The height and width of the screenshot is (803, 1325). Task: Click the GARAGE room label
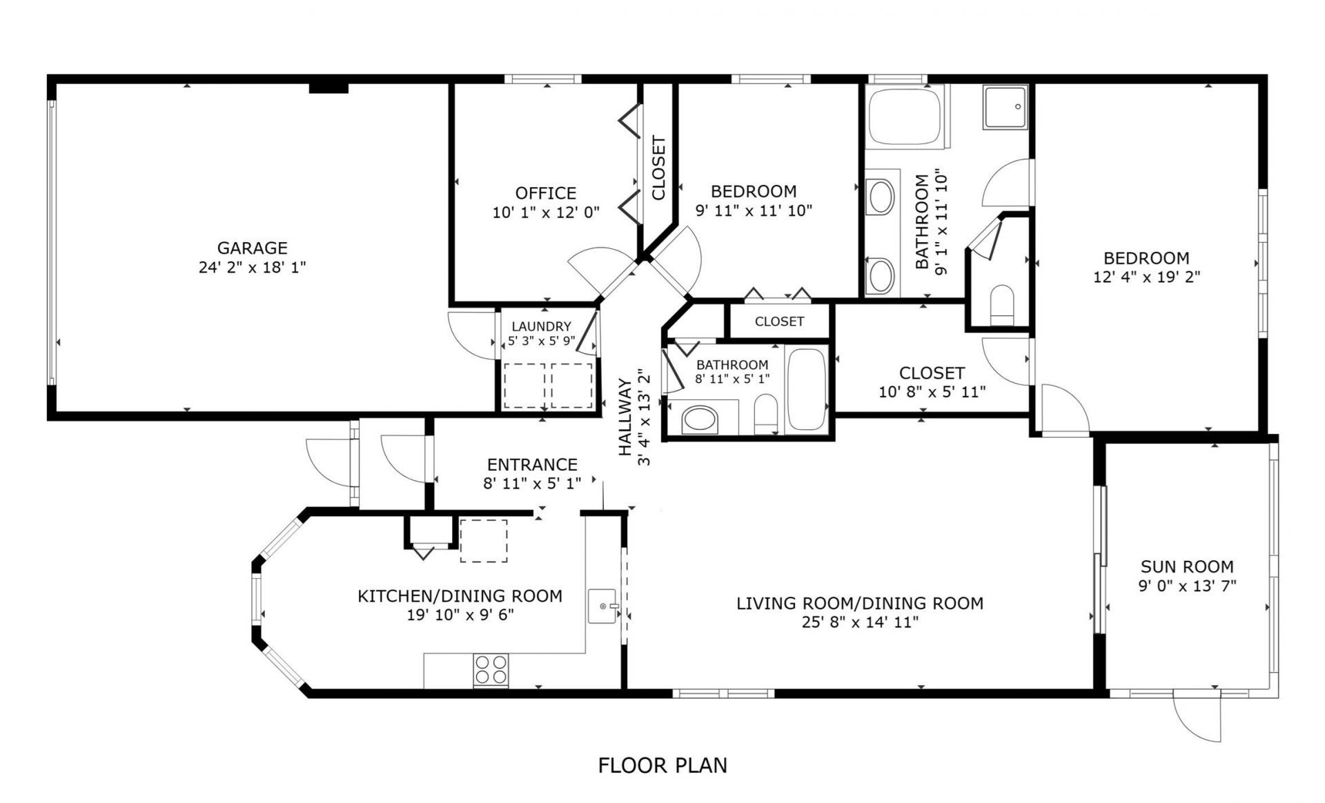[252, 248]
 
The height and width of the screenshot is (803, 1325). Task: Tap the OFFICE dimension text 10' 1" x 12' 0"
[546, 212]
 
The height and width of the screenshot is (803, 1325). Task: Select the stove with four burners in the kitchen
[491, 670]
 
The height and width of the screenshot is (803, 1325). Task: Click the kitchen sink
[604, 606]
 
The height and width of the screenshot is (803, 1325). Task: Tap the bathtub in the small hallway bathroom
[806, 390]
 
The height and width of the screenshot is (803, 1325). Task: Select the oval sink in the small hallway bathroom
[700, 419]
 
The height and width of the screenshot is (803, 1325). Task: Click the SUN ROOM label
[1187, 566]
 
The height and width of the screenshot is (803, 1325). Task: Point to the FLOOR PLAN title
[662, 765]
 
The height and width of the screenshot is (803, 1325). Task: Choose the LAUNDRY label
[541, 326]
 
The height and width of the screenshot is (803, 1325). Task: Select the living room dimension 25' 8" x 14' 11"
[860, 622]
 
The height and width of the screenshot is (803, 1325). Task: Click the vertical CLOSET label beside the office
[658, 168]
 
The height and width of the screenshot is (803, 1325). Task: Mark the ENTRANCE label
[532, 464]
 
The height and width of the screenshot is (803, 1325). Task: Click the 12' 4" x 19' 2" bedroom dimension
[1146, 277]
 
